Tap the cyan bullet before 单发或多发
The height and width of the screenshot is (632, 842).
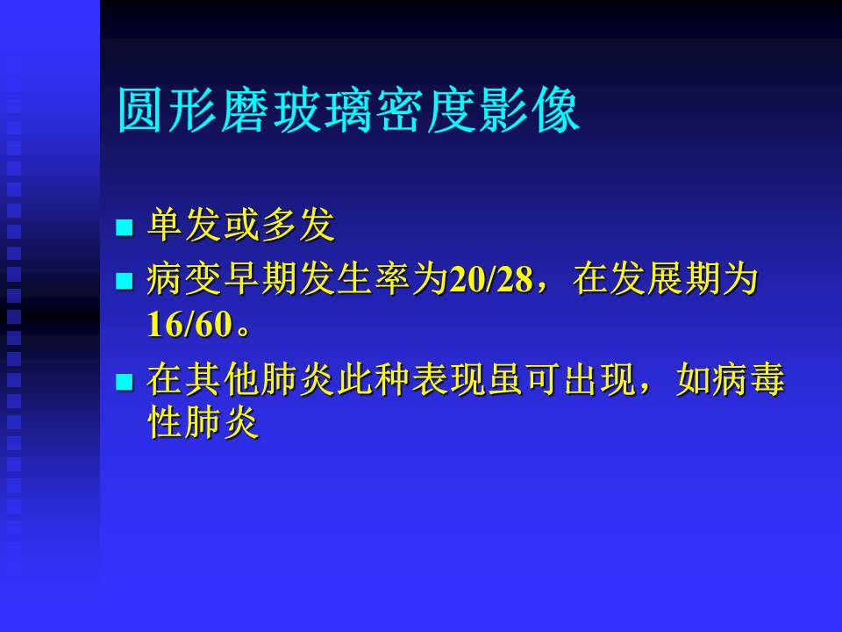(125, 230)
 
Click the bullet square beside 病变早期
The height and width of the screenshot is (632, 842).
(125, 282)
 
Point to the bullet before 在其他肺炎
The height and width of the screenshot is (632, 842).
(125, 382)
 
